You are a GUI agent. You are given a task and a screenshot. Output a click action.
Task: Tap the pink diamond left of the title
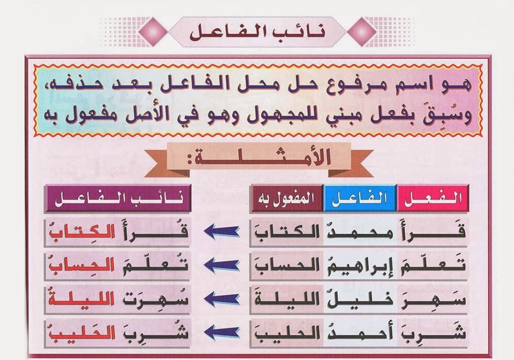tap(153, 32)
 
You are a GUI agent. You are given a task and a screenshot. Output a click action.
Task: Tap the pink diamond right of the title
tap(362, 32)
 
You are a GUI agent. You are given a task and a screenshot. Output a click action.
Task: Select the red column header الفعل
tap(433, 198)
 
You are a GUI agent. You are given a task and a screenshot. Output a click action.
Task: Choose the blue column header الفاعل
tap(360, 198)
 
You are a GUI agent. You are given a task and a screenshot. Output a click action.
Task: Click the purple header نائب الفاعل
tap(118, 198)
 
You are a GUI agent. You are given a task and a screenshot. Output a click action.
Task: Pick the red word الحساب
tap(82, 265)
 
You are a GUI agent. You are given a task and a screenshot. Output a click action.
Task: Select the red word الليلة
tap(82, 298)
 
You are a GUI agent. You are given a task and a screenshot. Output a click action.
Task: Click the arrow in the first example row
tap(222, 232)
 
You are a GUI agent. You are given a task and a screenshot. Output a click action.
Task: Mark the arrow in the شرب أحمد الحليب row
tap(222, 332)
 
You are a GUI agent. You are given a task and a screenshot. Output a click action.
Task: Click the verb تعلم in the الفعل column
tap(433, 265)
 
